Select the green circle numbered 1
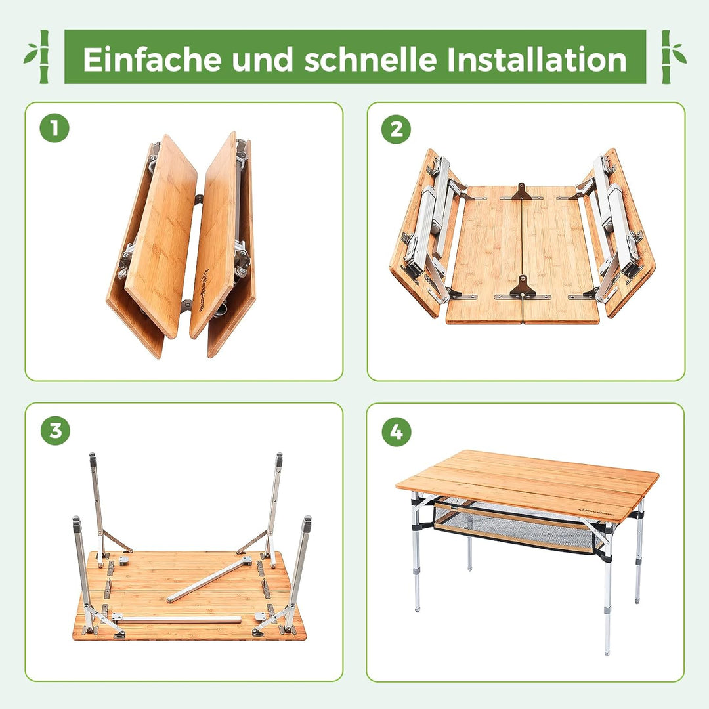54,129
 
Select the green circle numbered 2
396,129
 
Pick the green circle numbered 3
55,431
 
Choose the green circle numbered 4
396,431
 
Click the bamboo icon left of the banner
38,56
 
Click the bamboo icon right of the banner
672,56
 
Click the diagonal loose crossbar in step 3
209,579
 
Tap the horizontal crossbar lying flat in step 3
177,619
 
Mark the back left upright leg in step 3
97,505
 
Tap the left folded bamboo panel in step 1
161,236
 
